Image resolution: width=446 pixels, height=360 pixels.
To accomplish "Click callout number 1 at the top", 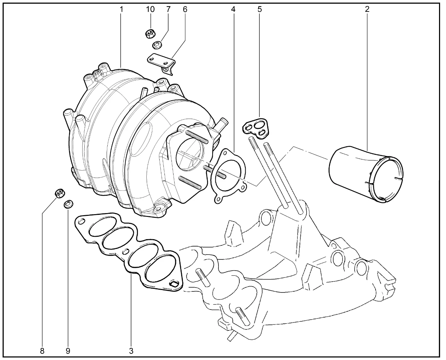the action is click(x=121, y=9).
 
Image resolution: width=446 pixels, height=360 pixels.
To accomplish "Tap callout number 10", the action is click(x=150, y=9).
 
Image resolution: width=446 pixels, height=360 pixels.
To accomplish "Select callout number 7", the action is click(x=168, y=9).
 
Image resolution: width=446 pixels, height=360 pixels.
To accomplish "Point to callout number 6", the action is click(x=185, y=9).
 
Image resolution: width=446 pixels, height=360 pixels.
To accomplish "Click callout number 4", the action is click(x=233, y=9).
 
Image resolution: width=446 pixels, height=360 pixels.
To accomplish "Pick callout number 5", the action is click(x=260, y=9).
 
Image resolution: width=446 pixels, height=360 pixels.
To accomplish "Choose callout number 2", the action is click(x=367, y=9).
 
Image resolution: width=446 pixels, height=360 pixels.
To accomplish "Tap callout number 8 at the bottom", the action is click(x=42, y=351).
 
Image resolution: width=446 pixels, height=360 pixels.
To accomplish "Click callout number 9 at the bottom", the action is click(x=68, y=351).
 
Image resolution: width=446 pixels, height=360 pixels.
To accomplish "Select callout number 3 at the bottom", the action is click(x=131, y=351).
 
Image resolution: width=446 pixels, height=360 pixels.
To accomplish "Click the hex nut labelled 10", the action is click(x=150, y=34).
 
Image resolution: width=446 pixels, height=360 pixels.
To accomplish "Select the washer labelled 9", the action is click(x=68, y=204).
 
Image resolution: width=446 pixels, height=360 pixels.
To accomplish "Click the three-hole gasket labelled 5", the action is click(x=255, y=128).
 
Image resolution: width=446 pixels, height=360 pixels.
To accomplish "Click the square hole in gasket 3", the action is click(x=174, y=284).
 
